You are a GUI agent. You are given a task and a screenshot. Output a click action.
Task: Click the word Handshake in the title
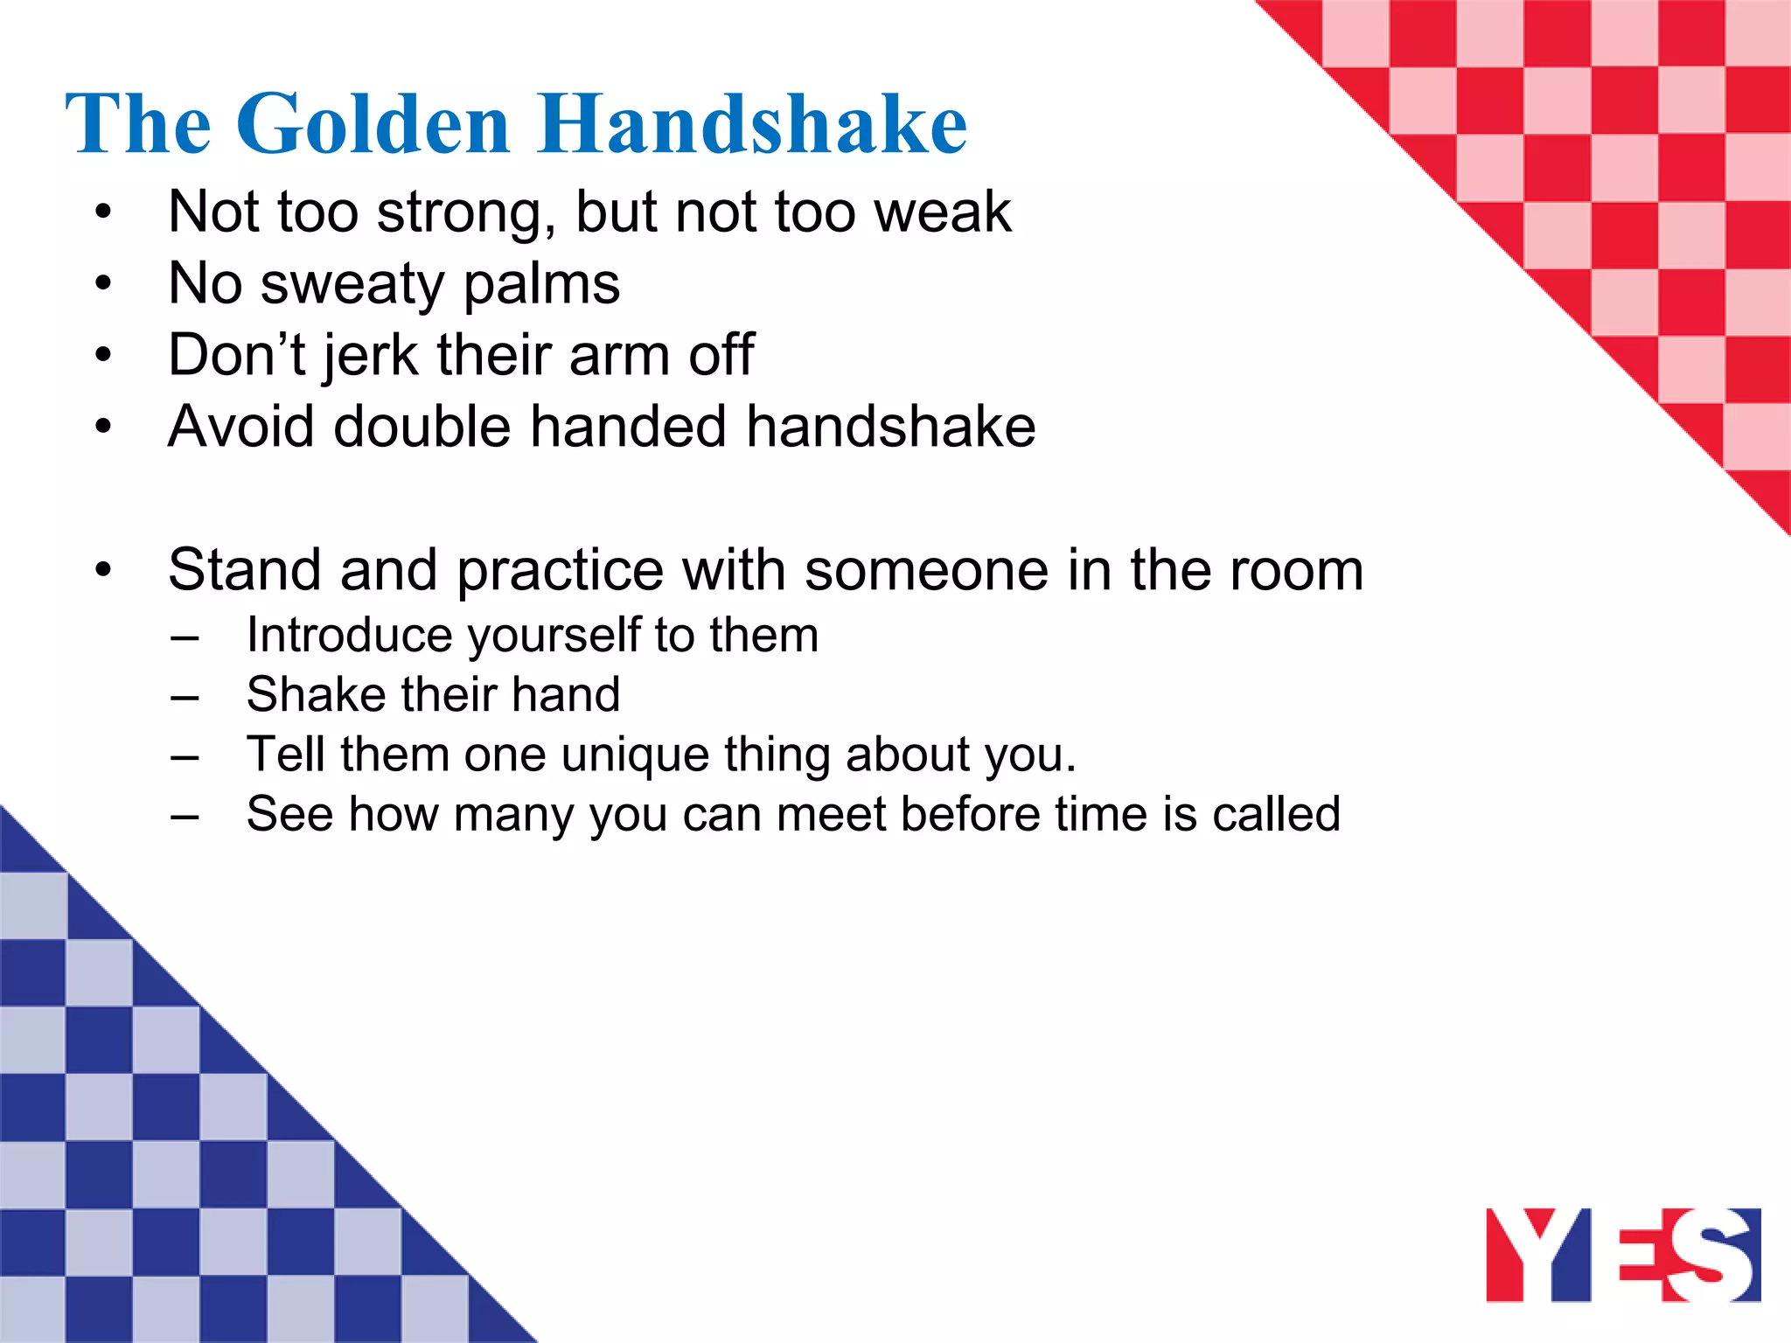753,124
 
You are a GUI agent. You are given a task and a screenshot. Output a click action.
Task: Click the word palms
541,285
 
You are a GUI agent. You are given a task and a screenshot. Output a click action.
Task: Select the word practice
560,571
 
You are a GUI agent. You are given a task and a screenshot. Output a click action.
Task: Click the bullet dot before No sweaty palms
104,284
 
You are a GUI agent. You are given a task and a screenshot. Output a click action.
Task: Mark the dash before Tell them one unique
185,756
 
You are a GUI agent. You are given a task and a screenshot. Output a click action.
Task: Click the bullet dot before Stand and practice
104,571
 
